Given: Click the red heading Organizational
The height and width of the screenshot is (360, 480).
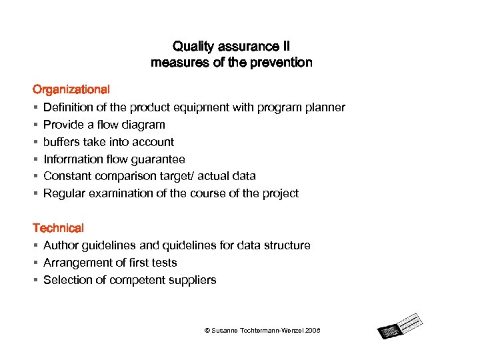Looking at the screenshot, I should [71, 89].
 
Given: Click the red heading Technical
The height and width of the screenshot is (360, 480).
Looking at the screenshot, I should [59, 228].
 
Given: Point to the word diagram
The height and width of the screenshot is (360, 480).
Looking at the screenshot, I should [145, 125].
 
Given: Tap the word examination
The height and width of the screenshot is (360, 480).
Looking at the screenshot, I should [117, 193].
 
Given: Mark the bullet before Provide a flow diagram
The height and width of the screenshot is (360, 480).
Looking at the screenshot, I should [35, 125].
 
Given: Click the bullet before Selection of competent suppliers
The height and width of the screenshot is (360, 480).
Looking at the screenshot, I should [35, 280].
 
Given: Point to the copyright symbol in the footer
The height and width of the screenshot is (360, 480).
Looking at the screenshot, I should [207, 331].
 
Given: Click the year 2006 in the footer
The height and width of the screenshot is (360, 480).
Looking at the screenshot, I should [313, 331].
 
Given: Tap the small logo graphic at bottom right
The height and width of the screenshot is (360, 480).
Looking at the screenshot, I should [400, 327].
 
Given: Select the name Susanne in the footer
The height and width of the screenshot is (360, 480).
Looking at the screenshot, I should [225, 331].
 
